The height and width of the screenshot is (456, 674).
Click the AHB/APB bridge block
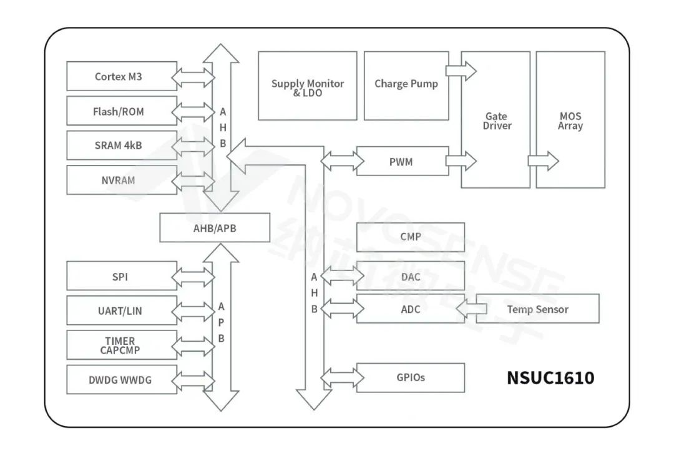[215, 228]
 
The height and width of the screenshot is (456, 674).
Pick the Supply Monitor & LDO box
[307, 86]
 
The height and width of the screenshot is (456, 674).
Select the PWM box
[401, 162]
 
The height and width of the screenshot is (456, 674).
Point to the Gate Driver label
[496, 121]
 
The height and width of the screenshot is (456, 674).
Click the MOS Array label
[570, 121]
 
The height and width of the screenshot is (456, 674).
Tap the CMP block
[410, 237]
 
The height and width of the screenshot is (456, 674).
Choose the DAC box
[410, 275]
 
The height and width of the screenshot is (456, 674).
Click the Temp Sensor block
[537, 309]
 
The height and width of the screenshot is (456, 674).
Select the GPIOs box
[410, 378]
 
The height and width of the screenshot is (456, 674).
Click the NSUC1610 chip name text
[550, 378]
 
